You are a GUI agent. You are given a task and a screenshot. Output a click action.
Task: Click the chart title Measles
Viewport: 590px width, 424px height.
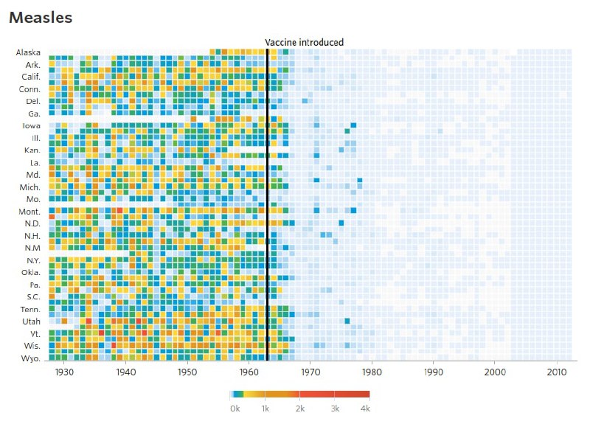click(41, 18)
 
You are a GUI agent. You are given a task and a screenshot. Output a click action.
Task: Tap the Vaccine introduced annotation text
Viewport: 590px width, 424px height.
click(305, 43)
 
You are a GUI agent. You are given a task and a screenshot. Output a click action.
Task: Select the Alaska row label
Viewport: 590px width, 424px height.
click(28, 52)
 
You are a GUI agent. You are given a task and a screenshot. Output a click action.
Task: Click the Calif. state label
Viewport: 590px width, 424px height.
click(29, 77)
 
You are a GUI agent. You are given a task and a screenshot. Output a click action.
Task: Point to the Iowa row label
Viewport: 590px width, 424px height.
click(32, 125)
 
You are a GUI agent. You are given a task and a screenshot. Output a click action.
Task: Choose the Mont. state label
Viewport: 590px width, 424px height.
click(29, 212)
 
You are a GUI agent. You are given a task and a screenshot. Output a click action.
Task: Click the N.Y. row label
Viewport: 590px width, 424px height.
click(32, 260)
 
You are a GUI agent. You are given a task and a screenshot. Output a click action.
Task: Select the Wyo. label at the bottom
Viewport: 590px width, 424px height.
click(30, 358)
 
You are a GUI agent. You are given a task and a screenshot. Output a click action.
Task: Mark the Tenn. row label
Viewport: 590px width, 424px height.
click(29, 310)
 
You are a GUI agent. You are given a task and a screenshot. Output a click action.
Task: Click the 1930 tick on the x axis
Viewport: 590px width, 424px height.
click(64, 372)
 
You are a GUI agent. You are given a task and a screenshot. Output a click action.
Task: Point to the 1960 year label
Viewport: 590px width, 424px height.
click(249, 372)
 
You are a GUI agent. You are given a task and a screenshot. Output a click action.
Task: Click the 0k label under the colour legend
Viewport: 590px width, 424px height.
click(235, 407)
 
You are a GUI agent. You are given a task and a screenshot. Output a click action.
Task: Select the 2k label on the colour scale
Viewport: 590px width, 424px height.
click(301, 407)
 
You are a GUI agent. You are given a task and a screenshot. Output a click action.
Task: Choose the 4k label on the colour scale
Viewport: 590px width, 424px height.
click(364, 407)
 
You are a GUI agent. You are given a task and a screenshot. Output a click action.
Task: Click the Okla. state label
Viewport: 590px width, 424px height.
click(29, 273)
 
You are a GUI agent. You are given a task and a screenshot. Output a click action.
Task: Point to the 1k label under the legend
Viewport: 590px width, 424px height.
click(268, 407)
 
